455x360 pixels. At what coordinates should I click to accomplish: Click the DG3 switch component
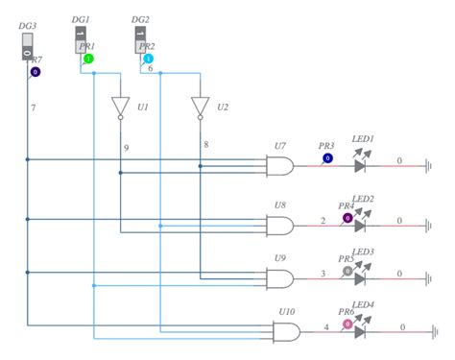point(28,45)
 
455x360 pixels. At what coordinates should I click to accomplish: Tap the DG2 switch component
point(141,39)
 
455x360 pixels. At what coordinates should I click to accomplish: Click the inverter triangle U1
point(120,107)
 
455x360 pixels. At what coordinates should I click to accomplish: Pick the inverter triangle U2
point(200,107)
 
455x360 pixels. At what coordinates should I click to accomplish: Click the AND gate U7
point(280,165)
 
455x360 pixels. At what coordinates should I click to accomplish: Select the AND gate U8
point(280,226)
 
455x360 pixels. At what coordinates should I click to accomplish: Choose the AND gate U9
point(280,278)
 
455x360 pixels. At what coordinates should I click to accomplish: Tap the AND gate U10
point(286,332)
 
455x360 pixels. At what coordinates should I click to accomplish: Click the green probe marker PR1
point(88,60)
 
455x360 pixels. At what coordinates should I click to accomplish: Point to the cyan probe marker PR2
point(148,60)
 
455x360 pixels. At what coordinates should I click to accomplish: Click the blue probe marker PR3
point(327,157)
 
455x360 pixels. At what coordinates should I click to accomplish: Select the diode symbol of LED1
point(360,165)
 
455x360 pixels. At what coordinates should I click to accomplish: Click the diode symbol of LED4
point(360,332)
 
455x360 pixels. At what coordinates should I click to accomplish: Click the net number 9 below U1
point(126,148)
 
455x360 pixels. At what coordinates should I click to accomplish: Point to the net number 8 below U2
point(204,144)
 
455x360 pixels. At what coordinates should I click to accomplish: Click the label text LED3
point(363,252)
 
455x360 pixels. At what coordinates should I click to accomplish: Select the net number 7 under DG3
point(33,107)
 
